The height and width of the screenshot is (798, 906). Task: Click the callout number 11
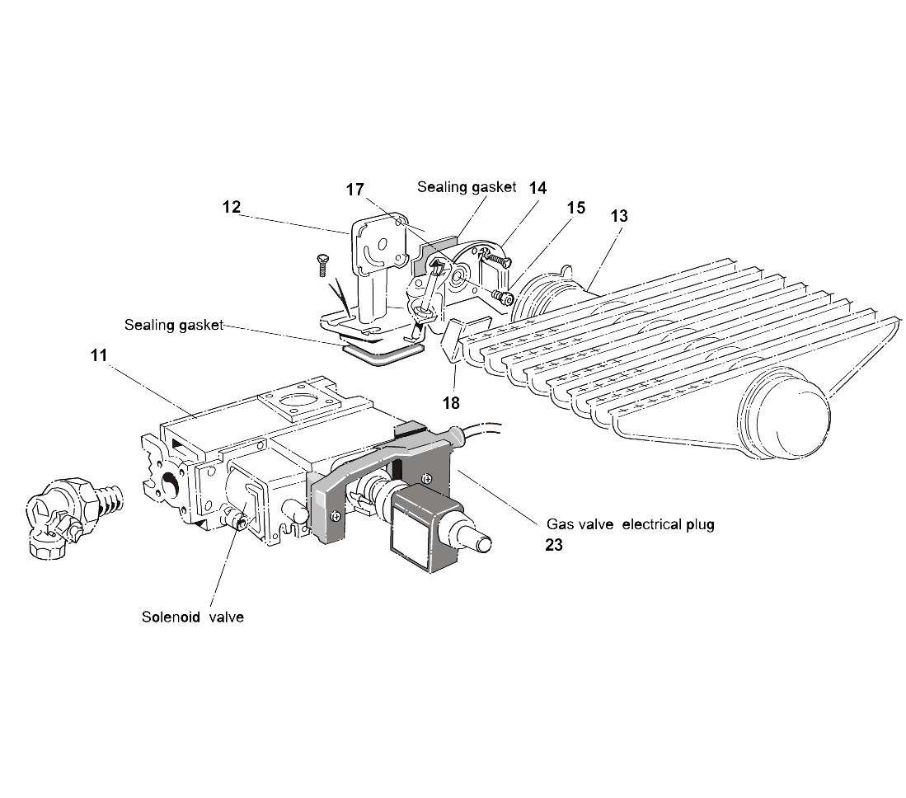coord(99,357)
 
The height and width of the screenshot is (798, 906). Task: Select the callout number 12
coord(232,208)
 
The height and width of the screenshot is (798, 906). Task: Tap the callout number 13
coord(620,216)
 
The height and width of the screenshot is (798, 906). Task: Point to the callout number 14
coord(537,188)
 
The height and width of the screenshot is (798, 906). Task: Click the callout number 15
coord(576,207)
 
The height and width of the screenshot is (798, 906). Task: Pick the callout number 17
coord(355,190)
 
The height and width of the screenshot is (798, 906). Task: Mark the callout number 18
coord(452,403)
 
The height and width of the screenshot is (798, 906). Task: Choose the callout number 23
coord(554,545)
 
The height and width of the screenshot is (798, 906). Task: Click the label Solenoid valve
coord(192,617)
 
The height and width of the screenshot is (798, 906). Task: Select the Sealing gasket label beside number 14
coord(467,187)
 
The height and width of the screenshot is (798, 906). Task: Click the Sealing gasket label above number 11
coord(174,325)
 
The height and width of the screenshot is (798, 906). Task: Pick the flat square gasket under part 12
coord(384,354)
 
